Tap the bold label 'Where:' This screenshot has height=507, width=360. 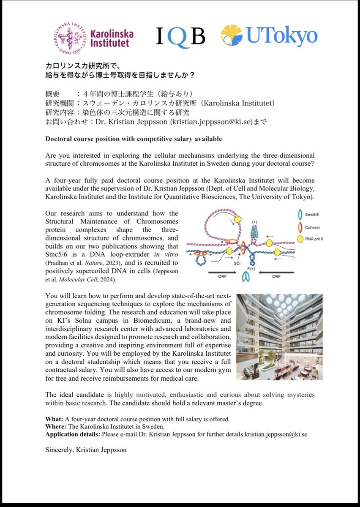point(54,427)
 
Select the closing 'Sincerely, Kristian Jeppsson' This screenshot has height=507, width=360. point(87,450)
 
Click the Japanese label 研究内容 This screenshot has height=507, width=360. point(58,113)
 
